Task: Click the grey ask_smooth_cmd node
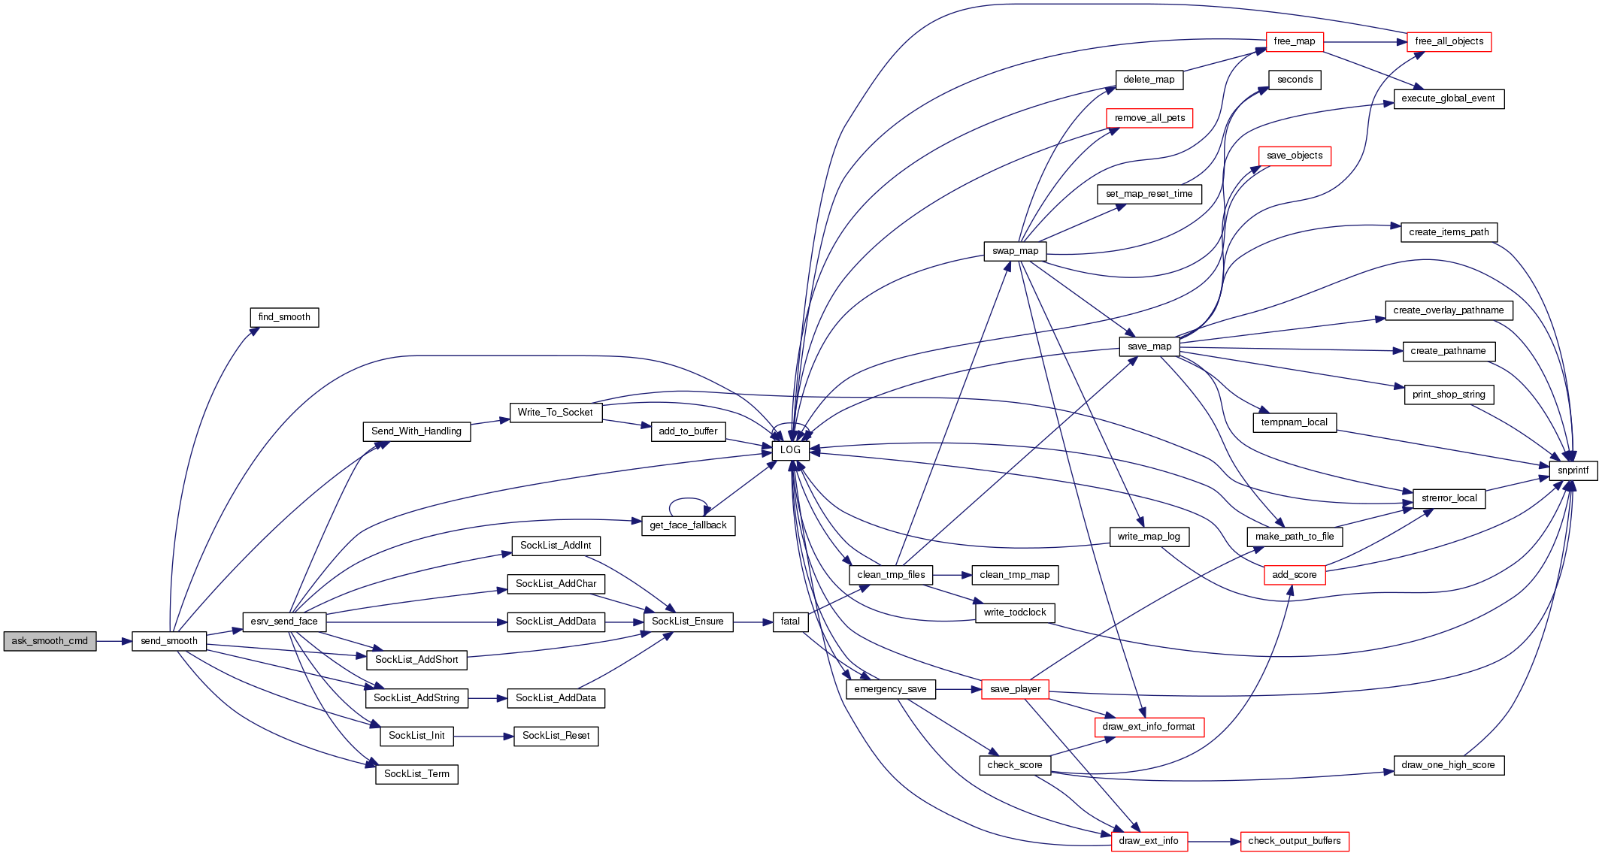pos(50,641)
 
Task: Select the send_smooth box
pos(169,641)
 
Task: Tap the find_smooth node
pos(284,317)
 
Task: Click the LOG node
pos(790,450)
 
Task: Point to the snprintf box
pos(1573,470)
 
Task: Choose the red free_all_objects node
pos(1449,41)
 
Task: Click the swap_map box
pos(1015,251)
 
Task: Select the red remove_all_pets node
pos(1149,118)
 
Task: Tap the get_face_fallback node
pos(688,525)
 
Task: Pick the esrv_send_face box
pos(284,622)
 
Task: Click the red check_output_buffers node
pos(1294,841)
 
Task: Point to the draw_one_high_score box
pos(1448,765)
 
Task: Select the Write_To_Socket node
pos(556,412)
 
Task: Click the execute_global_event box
pos(1448,98)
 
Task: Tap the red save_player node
pos(1015,689)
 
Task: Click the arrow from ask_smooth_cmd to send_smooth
pos(114,641)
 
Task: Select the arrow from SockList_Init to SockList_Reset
pos(483,737)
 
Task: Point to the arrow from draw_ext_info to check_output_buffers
pos(1213,842)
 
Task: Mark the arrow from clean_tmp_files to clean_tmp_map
pos(952,575)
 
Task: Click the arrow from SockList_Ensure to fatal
pos(753,622)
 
